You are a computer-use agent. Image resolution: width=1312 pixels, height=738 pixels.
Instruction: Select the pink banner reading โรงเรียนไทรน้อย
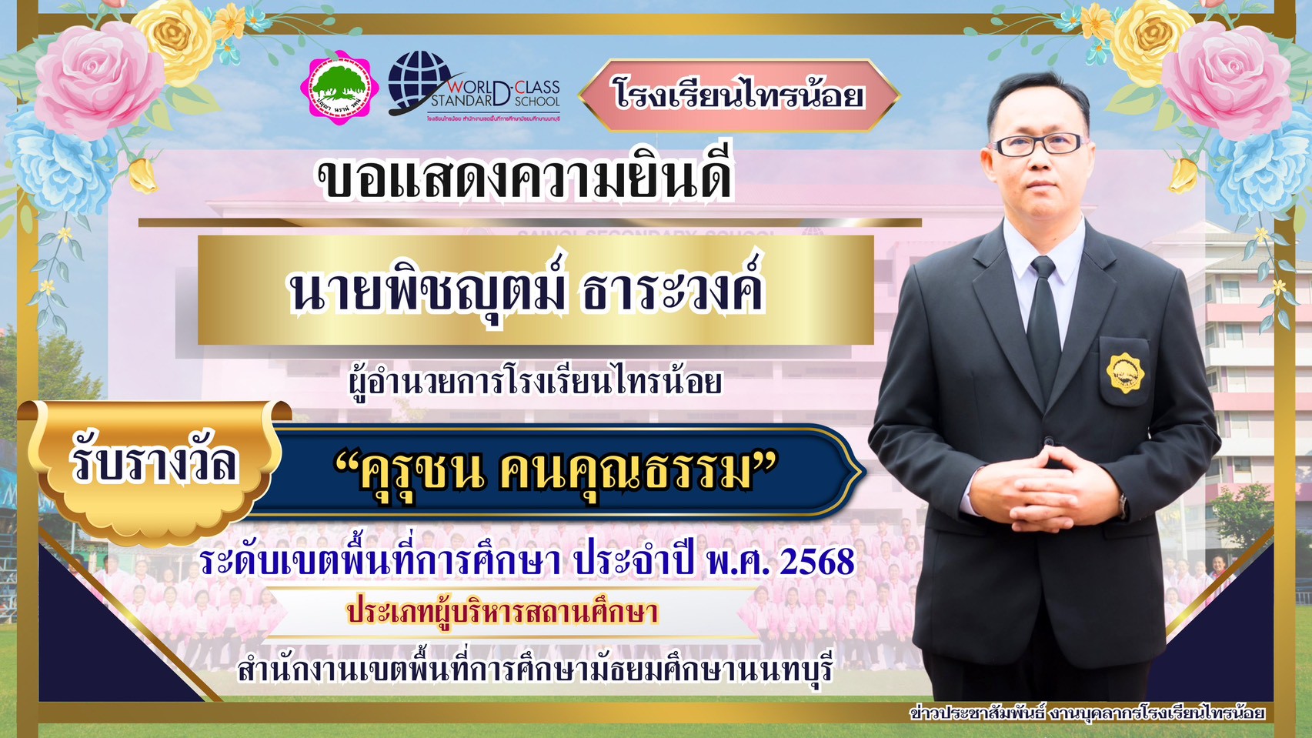point(738,95)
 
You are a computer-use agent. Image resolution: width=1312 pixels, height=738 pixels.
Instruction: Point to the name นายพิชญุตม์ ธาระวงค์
point(528,290)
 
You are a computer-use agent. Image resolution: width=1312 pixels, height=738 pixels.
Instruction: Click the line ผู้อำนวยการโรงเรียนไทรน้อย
point(535,381)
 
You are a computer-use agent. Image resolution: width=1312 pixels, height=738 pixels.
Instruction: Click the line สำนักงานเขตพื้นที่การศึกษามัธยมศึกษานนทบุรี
point(536,670)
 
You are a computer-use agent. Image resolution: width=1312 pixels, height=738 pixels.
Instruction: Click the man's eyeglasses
point(1039,144)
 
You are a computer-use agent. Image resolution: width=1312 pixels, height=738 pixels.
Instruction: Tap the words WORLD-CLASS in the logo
point(504,86)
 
